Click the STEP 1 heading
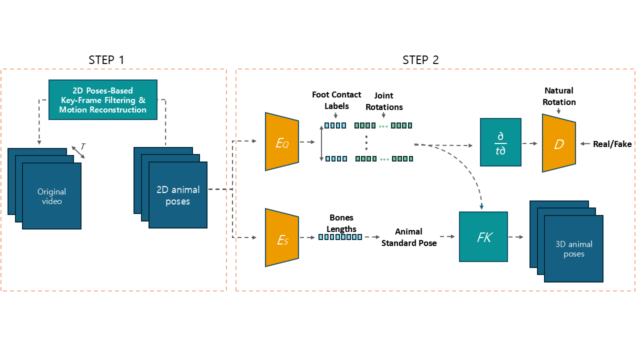pos(106,60)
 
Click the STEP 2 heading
pos(420,60)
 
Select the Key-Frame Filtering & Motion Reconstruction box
pos(103,100)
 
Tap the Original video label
pos(51,196)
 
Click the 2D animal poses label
pos(177,195)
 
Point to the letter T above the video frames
pos(83,146)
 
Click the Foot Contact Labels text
pos(336,100)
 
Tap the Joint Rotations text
pos(384,101)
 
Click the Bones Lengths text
pos(341,223)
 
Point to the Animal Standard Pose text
pos(408,237)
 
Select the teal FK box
pos(483,237)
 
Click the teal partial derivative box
pos(500,142)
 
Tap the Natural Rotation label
pos(559,96)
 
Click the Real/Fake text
pos(612,144)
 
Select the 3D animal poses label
pos(573,249)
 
